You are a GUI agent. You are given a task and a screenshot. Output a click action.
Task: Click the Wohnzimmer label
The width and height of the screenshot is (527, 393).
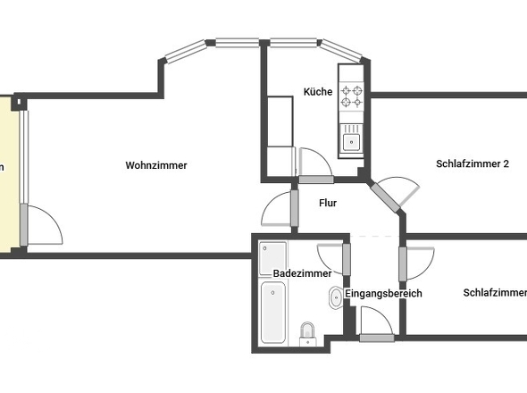point(156,165)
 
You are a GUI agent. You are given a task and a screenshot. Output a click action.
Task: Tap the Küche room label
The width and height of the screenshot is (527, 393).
point(318,92)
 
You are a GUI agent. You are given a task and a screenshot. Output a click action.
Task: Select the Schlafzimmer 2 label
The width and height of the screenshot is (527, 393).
point(473,163)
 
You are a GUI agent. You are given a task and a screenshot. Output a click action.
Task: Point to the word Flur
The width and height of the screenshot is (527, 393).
point(328,203)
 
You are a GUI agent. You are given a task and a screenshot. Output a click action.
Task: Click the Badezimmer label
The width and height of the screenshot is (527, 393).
point(303,273)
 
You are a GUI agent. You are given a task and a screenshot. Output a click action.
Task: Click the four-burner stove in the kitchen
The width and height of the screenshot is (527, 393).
point(351,96)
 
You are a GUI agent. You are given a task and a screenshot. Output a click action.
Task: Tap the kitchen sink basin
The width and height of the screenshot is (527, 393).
point(350,138)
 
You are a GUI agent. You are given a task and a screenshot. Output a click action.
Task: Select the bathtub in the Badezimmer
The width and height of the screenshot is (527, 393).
point(272,313)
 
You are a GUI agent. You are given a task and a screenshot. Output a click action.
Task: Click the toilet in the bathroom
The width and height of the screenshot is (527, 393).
point(308,333)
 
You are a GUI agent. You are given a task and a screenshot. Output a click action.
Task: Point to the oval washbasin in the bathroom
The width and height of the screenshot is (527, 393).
point(335,298)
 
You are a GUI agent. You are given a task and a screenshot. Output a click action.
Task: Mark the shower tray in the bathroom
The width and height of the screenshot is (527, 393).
point(272,258)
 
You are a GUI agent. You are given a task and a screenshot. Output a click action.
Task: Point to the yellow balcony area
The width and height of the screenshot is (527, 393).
point(8,170)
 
